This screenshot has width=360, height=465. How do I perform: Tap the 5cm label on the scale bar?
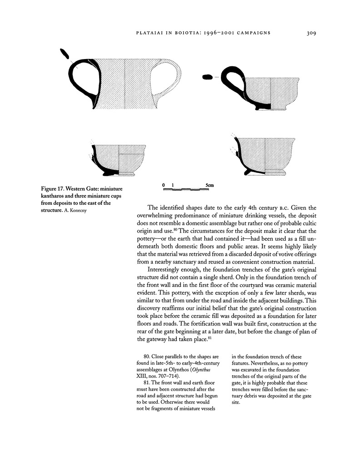(209, 185)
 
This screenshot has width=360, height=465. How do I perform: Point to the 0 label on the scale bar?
(163, 185)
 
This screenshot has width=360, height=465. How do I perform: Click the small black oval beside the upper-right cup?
(207, 77)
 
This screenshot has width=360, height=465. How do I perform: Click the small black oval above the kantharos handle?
(64, 53)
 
